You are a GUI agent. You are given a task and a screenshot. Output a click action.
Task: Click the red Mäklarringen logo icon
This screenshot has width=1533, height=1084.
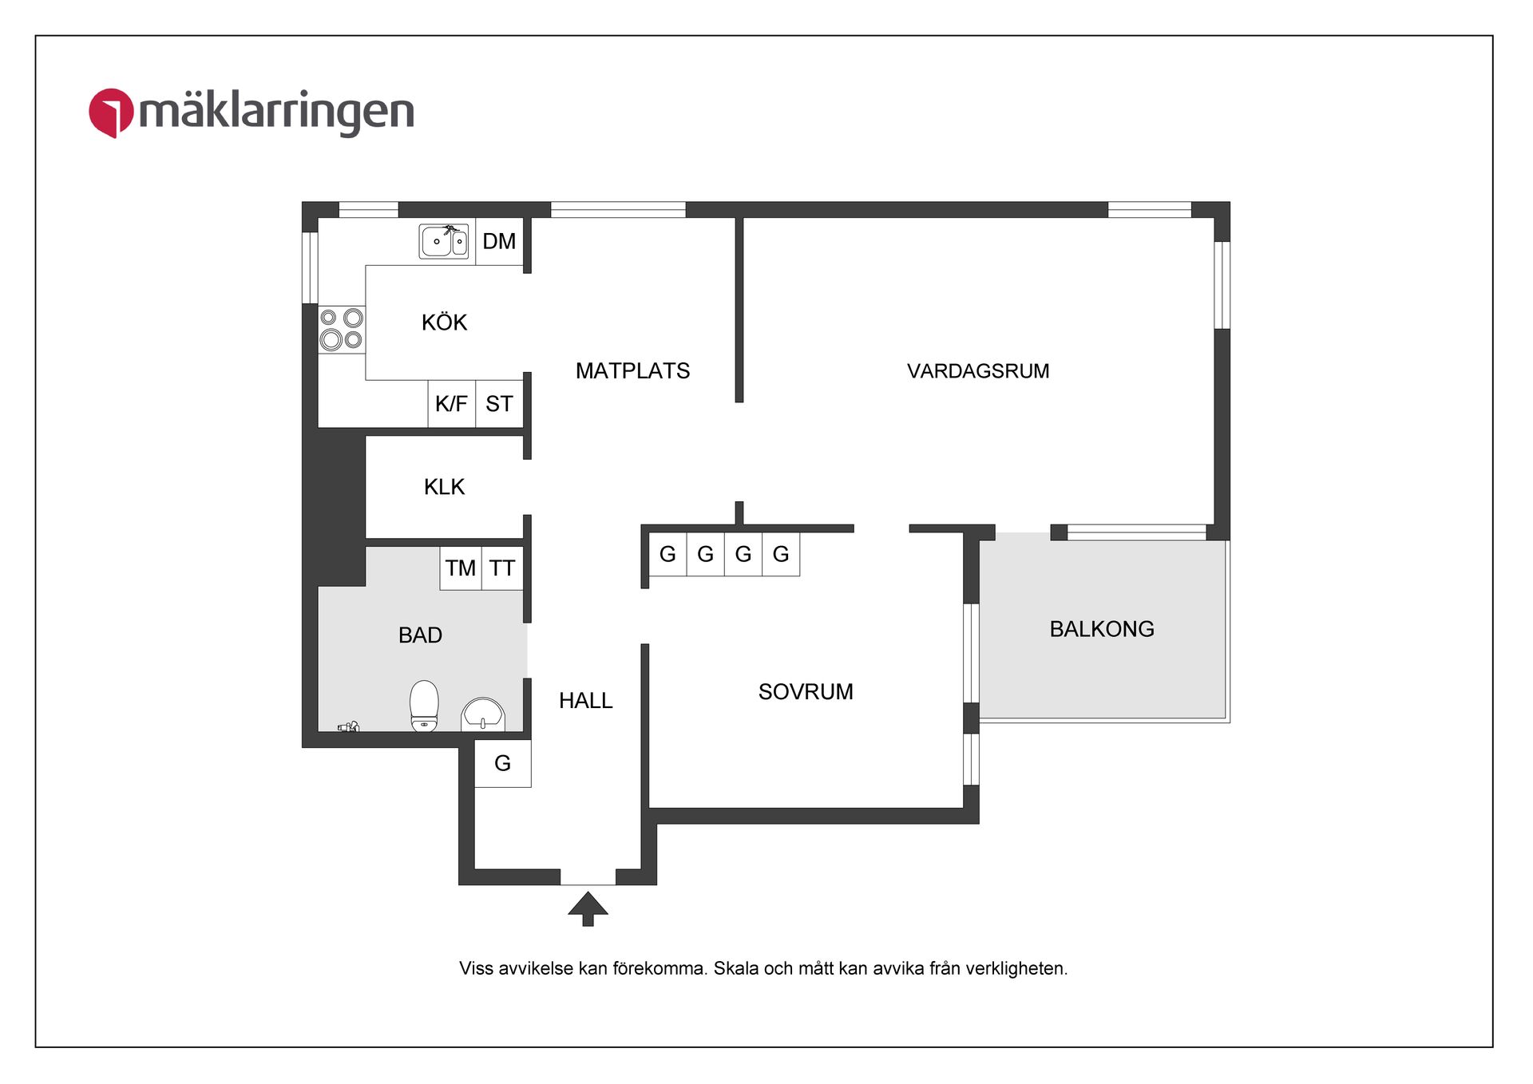pyautogui.click(x=110, y=113)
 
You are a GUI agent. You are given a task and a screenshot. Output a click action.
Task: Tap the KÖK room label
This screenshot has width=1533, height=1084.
pyautogui.click(x=444, y=322)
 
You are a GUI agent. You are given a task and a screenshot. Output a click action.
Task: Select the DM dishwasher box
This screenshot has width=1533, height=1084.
pyautogui.click(x=499, y=241)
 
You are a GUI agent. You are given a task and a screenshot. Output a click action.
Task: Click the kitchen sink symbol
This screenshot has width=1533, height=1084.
pyautogui.click(x=444, y=241)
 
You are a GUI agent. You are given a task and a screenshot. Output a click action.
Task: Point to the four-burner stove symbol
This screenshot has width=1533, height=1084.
pyautogui.click(x=342, y=330)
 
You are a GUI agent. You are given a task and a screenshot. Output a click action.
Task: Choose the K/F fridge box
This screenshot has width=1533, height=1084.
pyautogui.click(x=451, y=404)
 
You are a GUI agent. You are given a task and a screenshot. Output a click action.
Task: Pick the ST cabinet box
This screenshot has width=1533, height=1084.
pyautogui.click(x=499, y=404)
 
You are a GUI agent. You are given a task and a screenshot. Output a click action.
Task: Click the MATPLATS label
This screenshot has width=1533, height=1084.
pyautogui.click(x=632, y=371)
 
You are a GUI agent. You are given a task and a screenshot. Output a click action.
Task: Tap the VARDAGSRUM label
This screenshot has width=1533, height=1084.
pyautogui.click(x=978, y=371)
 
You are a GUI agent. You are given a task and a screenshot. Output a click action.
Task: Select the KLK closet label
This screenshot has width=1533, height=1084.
pyautogui.click(x=444, y=487)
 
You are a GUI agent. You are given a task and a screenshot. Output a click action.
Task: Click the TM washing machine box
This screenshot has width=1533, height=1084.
pyautogui.click(x=460, y=568)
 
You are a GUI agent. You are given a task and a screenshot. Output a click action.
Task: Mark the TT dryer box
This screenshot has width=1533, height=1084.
pyautogui.click(x=502, y=568)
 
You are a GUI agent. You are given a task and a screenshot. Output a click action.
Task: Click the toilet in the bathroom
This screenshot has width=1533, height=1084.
pyautogui.click(x=424, y=706)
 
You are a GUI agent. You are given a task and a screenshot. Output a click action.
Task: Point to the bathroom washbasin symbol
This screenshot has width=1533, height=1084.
pyautogui.click(x=482, y=714)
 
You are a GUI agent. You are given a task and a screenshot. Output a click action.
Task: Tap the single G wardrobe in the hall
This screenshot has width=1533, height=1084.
pyautogui.click(x=502, y=764)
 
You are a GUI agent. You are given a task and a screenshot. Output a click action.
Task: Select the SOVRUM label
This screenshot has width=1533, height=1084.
pyautogui.click(x=806, y=692)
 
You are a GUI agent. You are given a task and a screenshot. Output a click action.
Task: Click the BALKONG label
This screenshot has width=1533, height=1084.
pyautogui.click(x=1102, y=629)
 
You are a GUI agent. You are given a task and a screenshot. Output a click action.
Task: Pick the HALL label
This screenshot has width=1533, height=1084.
pyautogui.click(x=585, y=701)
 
